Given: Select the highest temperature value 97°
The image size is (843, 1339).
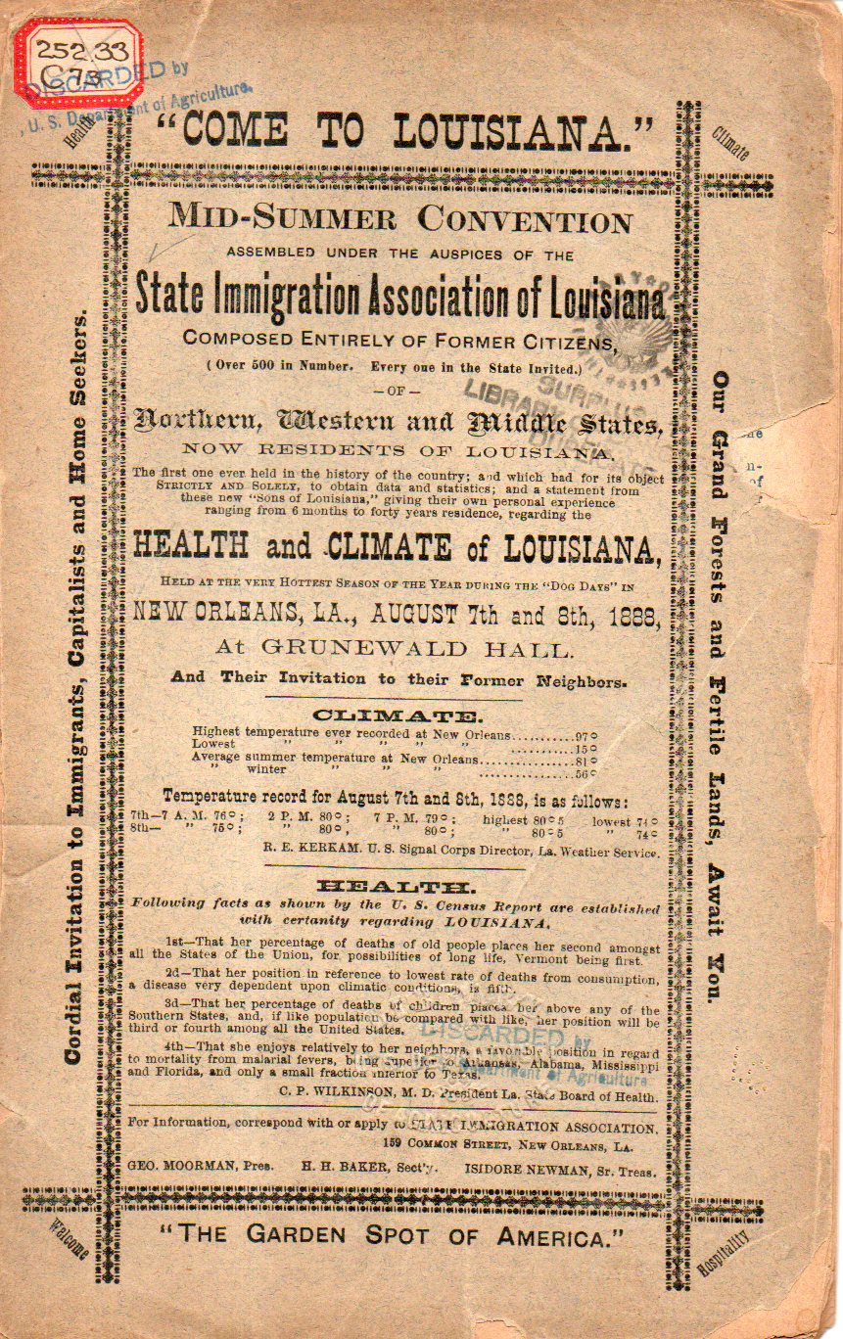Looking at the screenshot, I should click(585, 734).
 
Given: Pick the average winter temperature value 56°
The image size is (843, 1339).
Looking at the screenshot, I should click(585, 772).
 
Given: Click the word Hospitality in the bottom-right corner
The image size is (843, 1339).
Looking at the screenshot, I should click(723, 1256).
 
